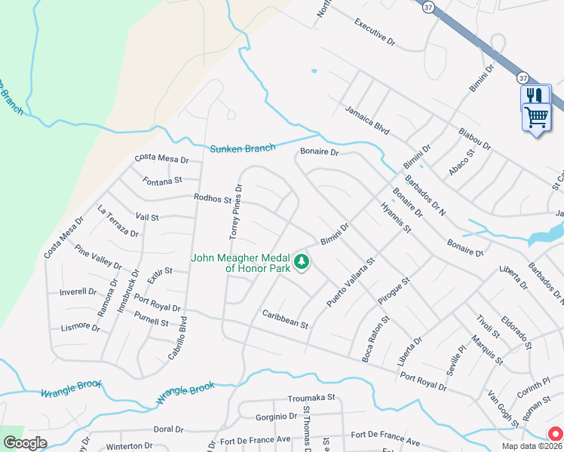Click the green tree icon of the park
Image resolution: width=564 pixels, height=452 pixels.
(302, 262)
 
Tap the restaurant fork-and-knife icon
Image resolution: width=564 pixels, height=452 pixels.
(535, 95)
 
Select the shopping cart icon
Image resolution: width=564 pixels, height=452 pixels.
(536, 118)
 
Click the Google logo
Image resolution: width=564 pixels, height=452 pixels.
(25, 443)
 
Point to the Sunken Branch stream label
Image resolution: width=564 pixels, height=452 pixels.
(242, 148)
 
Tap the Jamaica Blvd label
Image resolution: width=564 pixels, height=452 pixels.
(367, 120)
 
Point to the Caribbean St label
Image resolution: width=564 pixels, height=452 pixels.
(285, 319)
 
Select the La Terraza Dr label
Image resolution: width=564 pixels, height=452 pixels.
(118, 221)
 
